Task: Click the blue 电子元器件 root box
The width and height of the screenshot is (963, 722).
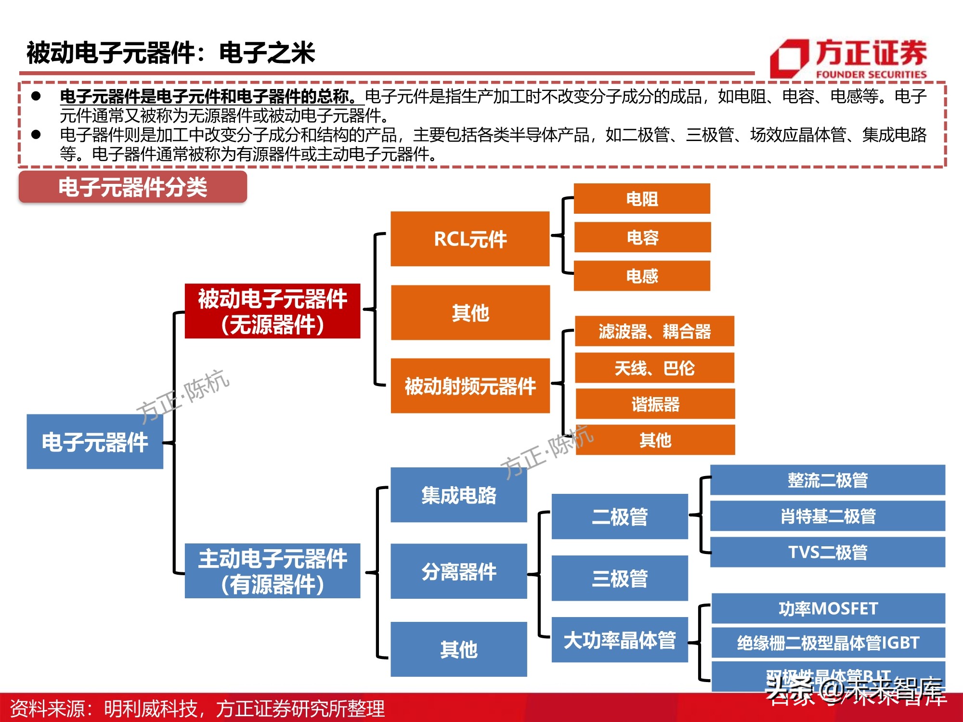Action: coord(95,441)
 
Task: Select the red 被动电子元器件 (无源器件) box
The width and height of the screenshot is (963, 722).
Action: coord(273,311)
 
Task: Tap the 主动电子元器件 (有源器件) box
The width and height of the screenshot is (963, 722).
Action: coord(273,571)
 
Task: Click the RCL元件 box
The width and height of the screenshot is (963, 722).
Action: coord(470,239)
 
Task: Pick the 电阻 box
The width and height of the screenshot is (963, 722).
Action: coord(642,198)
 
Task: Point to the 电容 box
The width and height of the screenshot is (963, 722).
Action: coord(642,237)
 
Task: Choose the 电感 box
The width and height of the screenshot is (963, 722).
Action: coord(642,276)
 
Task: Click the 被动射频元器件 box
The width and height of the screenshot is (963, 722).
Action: coord(470,386)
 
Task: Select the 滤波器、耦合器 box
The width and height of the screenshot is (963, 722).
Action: coord(654,331)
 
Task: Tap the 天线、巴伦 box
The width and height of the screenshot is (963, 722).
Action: coord(654,368)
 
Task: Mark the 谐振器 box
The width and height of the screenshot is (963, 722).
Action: coord(655,404)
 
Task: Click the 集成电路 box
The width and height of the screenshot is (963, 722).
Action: coord(458,495)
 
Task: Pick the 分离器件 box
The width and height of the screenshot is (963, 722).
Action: coord(458,571)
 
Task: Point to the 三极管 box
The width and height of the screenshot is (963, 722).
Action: coord(619,578)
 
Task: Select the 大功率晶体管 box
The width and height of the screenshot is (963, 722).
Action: coord(619,640)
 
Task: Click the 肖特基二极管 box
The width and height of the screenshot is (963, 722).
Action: coord(828,516)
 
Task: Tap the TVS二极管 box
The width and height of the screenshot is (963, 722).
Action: coord(828,552)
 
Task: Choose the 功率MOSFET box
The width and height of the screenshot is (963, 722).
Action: coord(828,608)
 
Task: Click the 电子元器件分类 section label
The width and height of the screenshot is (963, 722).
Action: coord(133,187)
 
